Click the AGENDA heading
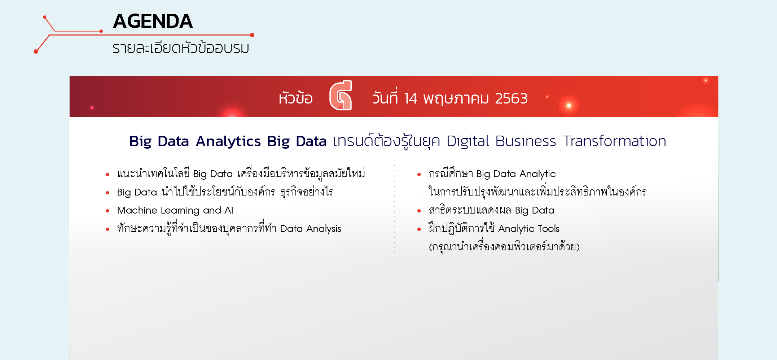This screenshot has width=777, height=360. [x=153, y=21]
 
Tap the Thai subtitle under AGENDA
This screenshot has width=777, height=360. [x=181, y=48]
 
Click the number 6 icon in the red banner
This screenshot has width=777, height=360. [x=341, y=95]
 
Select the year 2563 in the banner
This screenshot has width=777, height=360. [x=511, y=98]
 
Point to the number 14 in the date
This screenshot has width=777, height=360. [x=411, y=98]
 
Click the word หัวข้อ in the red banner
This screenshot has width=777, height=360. [x=295, y=98]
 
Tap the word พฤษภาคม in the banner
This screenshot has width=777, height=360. [x=456, y=99]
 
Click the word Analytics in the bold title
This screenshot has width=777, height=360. [x=228, y=141]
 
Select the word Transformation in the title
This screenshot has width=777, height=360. [x=614, y=141]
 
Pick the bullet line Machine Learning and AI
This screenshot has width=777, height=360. [x=175, y=210]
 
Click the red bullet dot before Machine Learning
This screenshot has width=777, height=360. [x=107, y=211]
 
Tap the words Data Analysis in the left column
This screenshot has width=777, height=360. [x=311, y=229]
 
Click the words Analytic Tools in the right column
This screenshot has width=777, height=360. [x=529, y=229]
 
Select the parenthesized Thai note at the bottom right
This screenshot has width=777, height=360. [x=504, y=247]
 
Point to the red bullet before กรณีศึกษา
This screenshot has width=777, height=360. [x=419, y=175]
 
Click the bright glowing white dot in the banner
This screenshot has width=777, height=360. [x=569, y=105]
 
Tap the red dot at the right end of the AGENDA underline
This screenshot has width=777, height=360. [x=252, y=35]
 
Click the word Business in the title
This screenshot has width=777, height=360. [x=526, y=141]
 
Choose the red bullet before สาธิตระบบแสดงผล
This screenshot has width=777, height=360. [x=419, y=211]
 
